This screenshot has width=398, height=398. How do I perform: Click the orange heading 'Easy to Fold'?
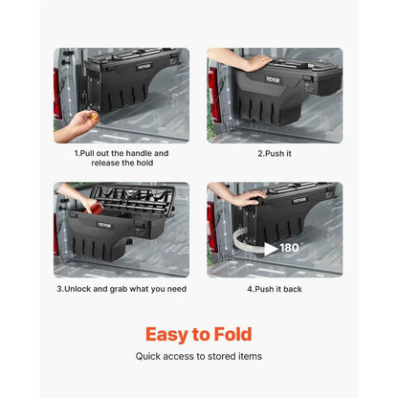point(198,334)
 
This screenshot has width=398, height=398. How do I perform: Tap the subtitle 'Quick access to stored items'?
point(198,356)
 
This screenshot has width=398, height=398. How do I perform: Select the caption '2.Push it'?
point(275,153)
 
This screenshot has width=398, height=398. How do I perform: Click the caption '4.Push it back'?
point(275,288)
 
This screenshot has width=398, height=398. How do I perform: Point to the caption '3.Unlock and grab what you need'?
point(122,288)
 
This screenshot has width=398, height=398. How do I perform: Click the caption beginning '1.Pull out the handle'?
point(122,158)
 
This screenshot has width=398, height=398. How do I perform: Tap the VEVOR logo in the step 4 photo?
point(299,201)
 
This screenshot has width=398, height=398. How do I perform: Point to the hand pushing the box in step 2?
point(255,63)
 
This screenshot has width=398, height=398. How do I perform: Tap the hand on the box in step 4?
point(251,195)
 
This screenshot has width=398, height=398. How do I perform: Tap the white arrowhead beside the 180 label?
point(272,249)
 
